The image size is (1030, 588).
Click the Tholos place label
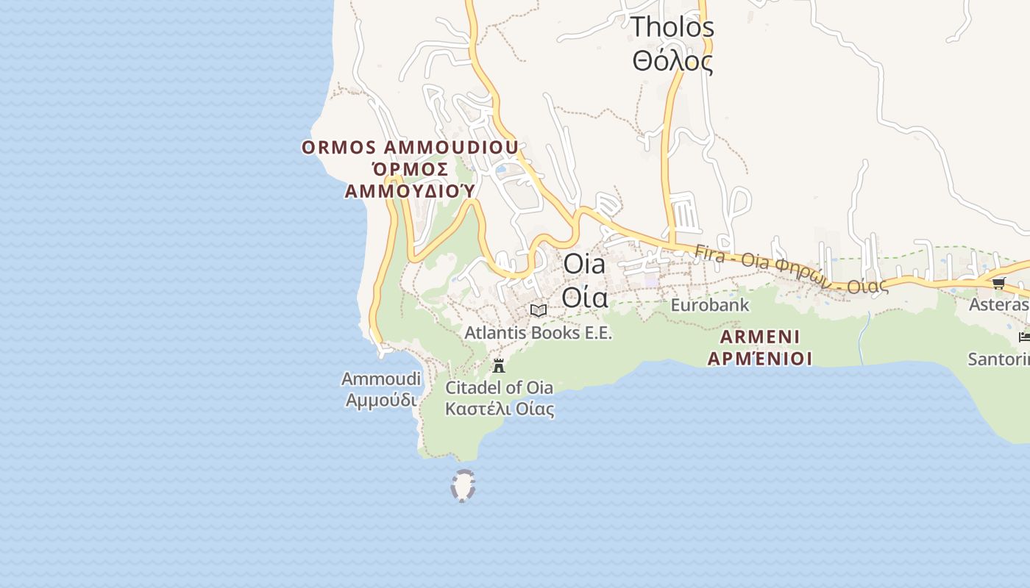(x=672, y=27)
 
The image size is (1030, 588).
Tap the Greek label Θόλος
(x=672, y=61)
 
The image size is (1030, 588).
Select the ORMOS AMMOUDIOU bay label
(x=410, y=147)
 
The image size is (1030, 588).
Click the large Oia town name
(x=584, y=264)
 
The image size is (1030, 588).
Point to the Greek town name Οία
(x=585, y=297)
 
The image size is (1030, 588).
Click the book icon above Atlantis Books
(x=539, y=310)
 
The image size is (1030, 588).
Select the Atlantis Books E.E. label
(x=538, y=333)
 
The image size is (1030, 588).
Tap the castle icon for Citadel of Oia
(x=499, y=365)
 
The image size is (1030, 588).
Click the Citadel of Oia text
(x=499, y=387)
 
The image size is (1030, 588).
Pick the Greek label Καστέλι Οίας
(x=500, y=409)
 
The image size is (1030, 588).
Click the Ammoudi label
(x=381, y=379)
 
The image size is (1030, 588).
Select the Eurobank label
(x=709, y=304)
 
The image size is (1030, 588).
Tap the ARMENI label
(x=760, y=337)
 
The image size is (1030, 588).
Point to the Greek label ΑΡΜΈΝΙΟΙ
(x=760, y=359)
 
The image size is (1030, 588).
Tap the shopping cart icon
(x=998, y=283)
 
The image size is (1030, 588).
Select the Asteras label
(x=998, y=304)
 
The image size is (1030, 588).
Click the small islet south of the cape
(x=463, y=486)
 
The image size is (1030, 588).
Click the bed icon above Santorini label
(x=1023, y=337)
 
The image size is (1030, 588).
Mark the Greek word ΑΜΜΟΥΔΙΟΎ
(x=410, y=191)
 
